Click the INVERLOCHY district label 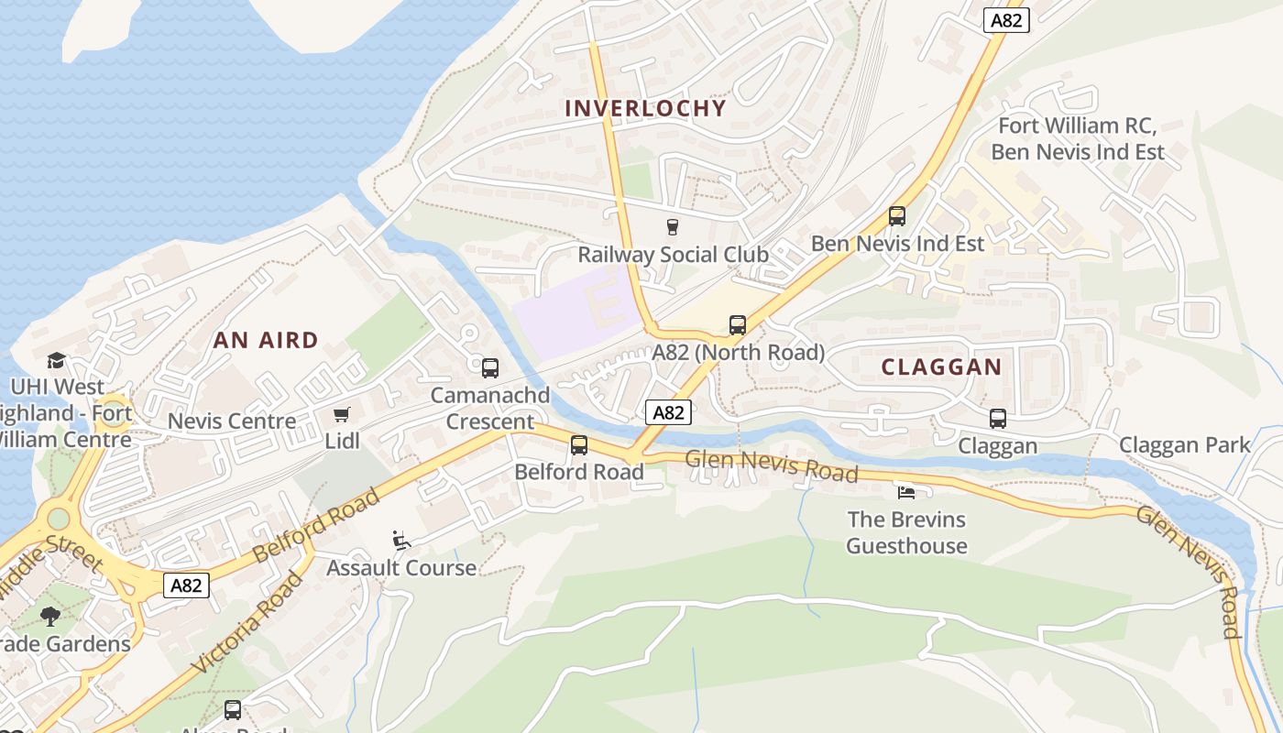pos(645,108)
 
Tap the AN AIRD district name pos(266,340)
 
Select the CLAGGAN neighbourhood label pos(941,366)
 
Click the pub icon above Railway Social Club pos(674,226)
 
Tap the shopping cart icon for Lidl pos(342,415)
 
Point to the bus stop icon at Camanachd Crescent pos(490,368)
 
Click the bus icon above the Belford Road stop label pos(579,445)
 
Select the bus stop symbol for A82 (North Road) pos(738,324)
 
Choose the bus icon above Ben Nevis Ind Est pos(897,216)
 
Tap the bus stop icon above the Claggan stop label pos(998,419)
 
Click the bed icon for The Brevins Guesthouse pos(906,492)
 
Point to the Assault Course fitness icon pos(400,540)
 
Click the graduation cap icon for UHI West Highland pos(56,360)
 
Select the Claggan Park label pos(1184,445)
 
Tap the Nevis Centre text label pos(232,421)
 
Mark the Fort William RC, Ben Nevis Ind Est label pos(1077,138)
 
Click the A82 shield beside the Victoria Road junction pos(186,585)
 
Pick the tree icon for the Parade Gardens pos(50,617)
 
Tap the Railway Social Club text pos(673,254)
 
